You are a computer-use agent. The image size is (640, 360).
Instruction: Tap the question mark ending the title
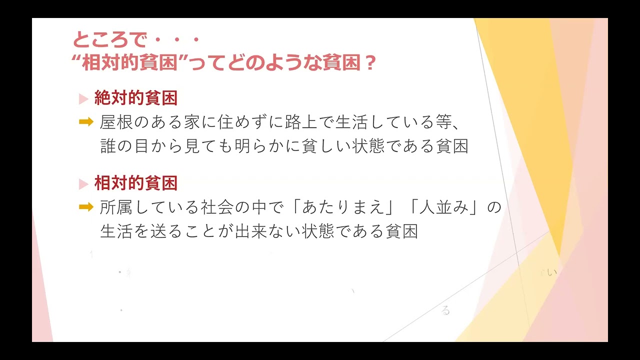click(370, 63)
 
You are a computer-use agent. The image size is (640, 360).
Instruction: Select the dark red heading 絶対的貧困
click(136, 98)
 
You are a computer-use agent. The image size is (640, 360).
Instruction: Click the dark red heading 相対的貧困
click(136, 183)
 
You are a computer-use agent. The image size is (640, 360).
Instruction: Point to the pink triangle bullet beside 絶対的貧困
click(83, 99)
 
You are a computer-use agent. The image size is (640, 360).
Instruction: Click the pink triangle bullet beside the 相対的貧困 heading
click(83, 184)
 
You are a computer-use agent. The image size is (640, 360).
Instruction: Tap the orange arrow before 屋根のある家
click(86, 121)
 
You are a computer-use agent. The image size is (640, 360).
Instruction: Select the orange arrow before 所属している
click(86, 207)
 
